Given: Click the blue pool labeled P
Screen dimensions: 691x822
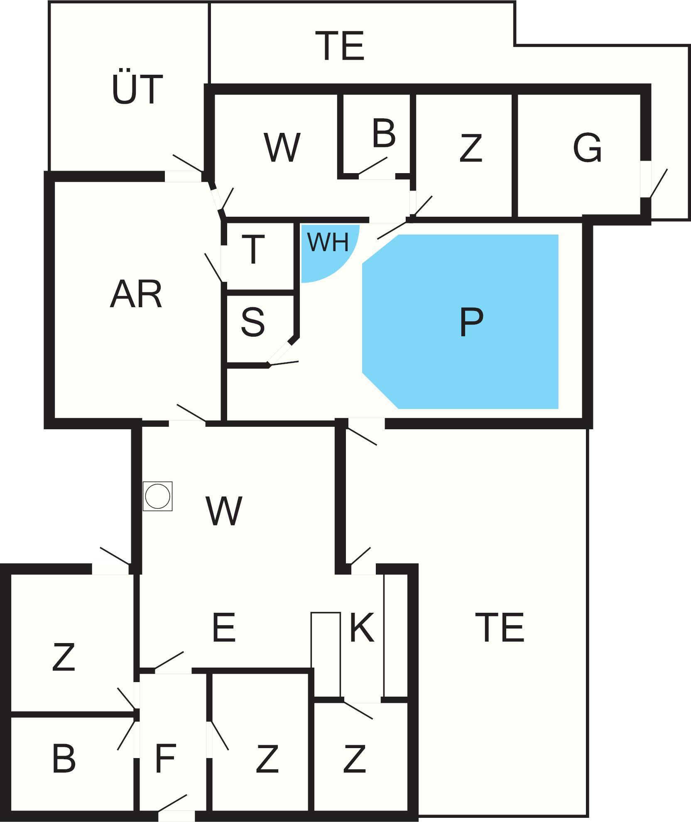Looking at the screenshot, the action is point(460,322).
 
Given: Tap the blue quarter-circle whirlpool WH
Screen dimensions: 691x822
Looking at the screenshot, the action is point(324,249).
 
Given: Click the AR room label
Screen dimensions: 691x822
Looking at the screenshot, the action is point(136,294).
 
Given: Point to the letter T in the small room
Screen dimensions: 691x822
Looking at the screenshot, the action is point(253,249).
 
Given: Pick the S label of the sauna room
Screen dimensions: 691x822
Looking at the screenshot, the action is point(252,322).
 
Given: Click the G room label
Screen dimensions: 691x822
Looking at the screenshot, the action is point(587,147).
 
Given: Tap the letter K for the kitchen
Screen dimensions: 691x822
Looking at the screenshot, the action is point(362,627).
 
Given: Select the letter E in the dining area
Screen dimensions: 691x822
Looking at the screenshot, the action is point(223,627).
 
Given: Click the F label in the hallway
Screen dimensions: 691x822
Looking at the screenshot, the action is point(165,758).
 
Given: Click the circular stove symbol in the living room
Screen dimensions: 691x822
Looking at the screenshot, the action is point(158,496).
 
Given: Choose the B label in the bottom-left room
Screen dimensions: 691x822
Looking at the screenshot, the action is point(64,758).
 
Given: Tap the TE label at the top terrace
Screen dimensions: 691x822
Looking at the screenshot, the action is point(340,46).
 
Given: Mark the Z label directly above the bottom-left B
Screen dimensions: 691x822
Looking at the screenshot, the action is point(64,657).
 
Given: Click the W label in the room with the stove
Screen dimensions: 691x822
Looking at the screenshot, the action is point(224,511).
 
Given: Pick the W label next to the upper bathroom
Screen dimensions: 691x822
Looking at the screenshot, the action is point(282,147).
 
